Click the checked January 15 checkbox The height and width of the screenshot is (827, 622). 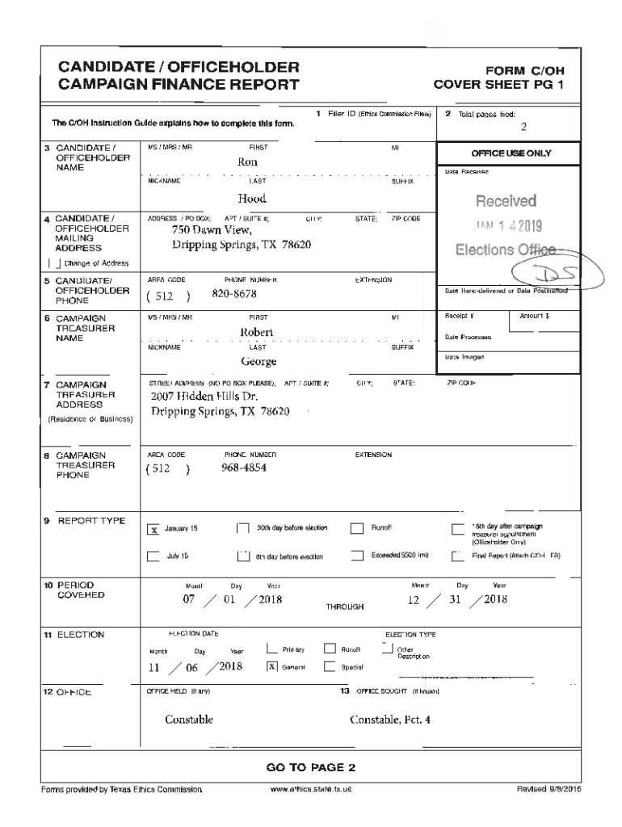[153, 530]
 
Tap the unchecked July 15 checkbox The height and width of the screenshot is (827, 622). [153, 556]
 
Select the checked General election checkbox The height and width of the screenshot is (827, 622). [272, 667]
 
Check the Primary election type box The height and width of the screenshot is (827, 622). [272, 649]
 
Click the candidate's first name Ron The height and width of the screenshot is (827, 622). [246, 162]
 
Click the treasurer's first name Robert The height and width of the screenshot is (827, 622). [257, 332]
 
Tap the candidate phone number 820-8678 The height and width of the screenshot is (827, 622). [235, 295]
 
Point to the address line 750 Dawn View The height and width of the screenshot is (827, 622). [200, 230]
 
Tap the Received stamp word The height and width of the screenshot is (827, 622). [506, 200]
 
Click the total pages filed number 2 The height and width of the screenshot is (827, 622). [523, 127]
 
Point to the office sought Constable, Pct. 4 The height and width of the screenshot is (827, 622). [390, 720]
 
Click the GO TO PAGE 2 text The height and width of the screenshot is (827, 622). [311, 767]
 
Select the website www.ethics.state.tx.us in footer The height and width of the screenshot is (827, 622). [311, 789]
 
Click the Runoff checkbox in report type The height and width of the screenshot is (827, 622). [357, 530]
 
